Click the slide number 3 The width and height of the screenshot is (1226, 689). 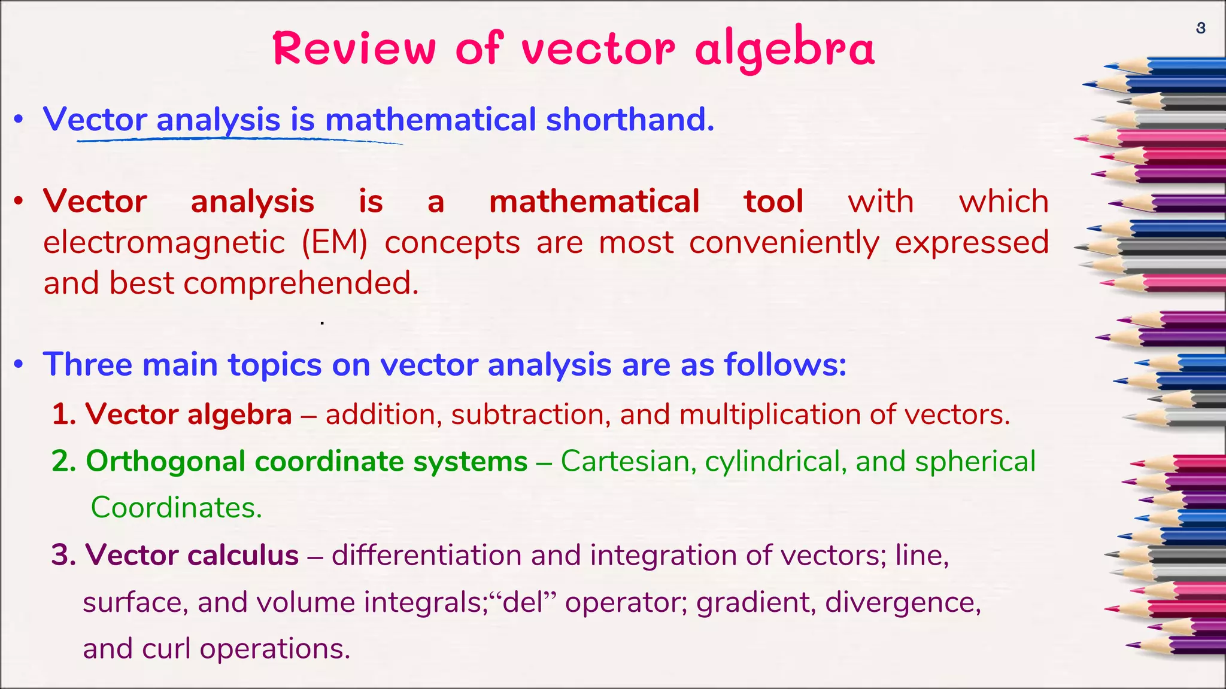(x=1200, y=28)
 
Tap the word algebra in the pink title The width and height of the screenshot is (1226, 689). (x=784, y=49)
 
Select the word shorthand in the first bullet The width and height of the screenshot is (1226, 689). (x=630, y=119)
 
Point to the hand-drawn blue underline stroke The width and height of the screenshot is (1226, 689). (x=239, y=141)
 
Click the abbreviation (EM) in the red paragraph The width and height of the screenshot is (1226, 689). (x=334, y=243)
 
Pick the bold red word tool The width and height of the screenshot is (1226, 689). (x=773, y=202)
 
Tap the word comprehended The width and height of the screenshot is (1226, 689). (x=301, y=283)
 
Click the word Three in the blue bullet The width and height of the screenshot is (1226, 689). (x=87, y=364)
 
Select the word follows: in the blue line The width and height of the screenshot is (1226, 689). (x=785, y=364)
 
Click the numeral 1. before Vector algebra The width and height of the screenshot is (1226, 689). (x=63, y=414)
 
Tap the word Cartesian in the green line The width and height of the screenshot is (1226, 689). (x=627, y=461)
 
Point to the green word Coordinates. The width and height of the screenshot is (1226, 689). (x=176, y=508)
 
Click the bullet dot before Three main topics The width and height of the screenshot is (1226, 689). (x=19, y=364)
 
